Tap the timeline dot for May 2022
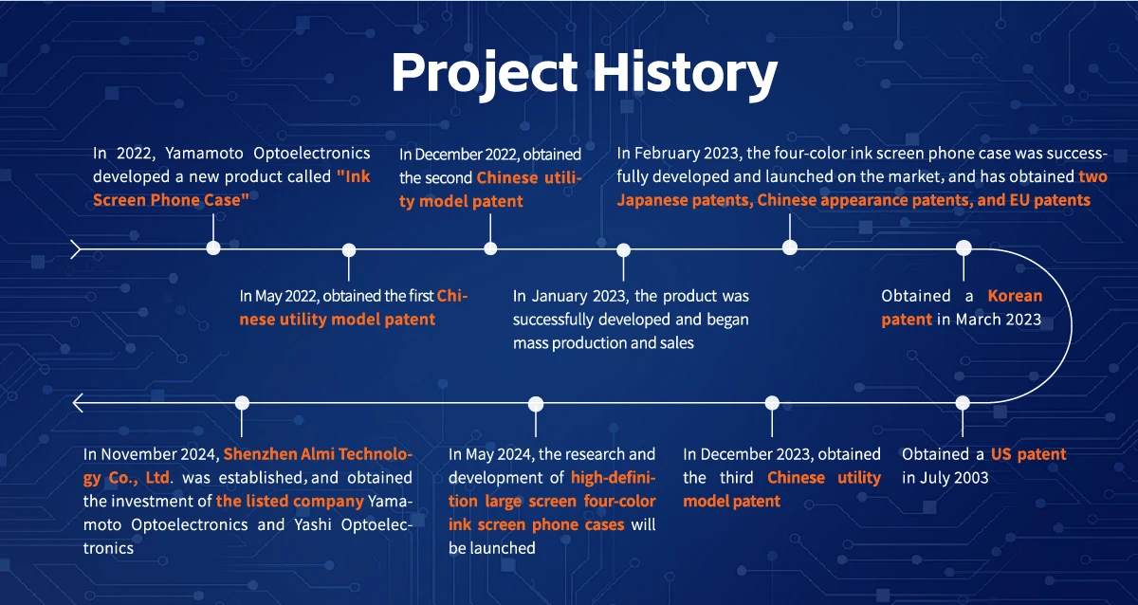click(349, 250)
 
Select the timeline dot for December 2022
click(490, 248)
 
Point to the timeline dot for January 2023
click(623, 250)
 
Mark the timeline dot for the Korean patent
click(964, 247)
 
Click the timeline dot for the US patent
click(963, 403)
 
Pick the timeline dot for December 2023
click(772, 403)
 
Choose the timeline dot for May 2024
click(536, 404)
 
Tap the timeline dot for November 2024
click(243, 403)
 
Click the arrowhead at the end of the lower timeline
click(77, 403)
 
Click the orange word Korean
click(1015, 296)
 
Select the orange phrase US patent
click(1028, 454)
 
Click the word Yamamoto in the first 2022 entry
click(204, 153)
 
